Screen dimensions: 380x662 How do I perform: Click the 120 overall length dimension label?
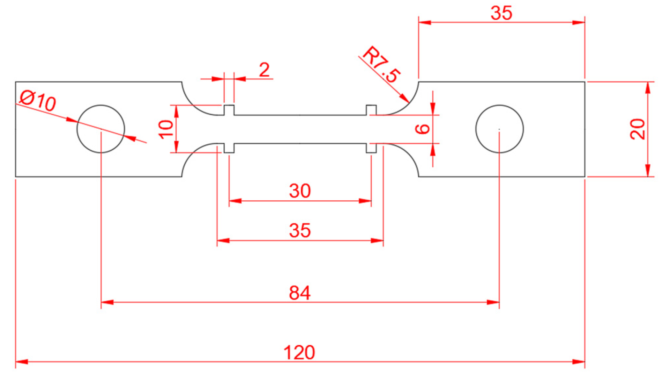coord(299,352)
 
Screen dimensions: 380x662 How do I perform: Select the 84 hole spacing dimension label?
coord(299,293)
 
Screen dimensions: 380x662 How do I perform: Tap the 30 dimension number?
coord(300,191)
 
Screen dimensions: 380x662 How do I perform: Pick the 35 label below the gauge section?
coord(300,230)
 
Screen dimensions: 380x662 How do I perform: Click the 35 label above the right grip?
coord(501,13)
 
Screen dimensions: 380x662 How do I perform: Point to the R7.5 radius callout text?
coord(381,64)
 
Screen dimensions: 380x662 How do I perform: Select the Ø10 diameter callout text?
coord(37,101)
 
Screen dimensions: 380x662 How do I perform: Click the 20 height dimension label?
coord(638,129)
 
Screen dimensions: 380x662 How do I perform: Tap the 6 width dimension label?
coord(422,129)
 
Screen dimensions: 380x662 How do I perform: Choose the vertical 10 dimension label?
coord(166,129)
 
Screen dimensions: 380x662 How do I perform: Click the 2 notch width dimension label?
coord(264,70)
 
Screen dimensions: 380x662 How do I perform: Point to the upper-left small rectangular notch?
coord(229,110)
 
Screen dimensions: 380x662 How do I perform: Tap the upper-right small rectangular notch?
coord(371,110)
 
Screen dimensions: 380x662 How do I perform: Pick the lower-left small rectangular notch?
coord(229,148)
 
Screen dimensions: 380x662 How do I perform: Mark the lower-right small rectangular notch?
coord(371,148)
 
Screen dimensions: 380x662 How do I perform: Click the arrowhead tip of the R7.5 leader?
coord(408,102)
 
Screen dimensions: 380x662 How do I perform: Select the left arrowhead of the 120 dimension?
coord(17,361)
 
